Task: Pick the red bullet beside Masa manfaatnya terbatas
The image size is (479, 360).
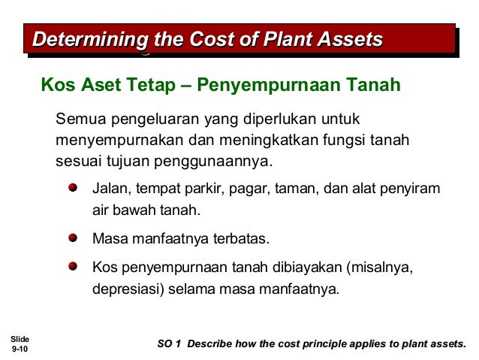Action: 73,238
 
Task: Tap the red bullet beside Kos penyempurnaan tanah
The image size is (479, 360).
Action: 73,267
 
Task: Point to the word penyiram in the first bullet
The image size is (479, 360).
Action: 414,188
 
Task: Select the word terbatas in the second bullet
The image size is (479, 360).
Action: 242,240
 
